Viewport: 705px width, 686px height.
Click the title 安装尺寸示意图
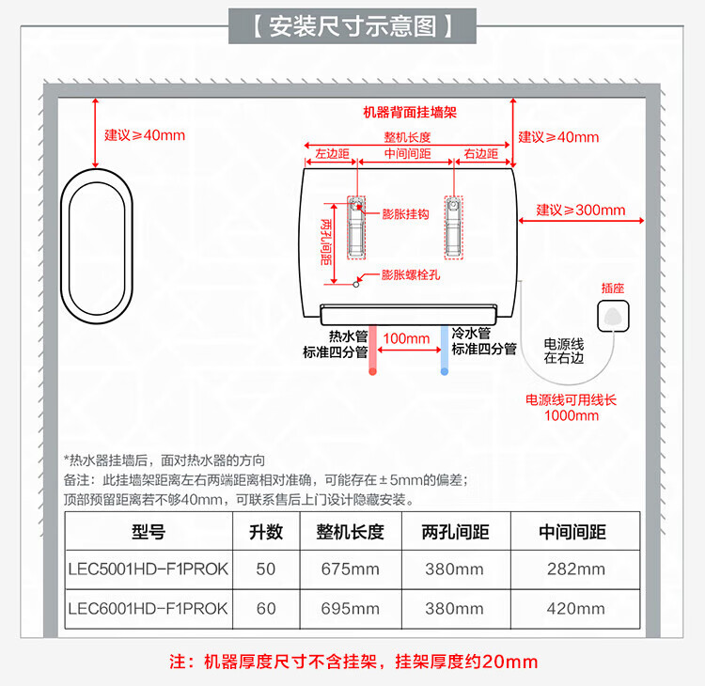(352, 25)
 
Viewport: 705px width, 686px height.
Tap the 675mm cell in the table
(343, 569)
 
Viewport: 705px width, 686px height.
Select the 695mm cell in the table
(343, 609)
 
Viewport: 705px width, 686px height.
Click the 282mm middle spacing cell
(575, 569)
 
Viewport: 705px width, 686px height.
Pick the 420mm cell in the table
(575, 609)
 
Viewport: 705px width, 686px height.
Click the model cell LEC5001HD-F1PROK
(148, 569)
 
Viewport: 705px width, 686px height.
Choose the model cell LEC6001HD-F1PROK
(148, 609)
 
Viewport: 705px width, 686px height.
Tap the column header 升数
(266, 532)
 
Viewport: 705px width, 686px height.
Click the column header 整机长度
(343, 532)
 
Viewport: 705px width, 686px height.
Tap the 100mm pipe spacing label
(406, 338)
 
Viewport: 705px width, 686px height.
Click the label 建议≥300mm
(580, 210)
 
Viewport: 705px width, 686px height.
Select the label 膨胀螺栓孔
(411, 275)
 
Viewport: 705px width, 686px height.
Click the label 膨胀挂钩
(405, 214)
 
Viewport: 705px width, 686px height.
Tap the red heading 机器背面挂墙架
(410, 112)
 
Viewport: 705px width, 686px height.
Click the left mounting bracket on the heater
(358, 228)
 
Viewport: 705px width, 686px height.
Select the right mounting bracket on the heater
(453, 228)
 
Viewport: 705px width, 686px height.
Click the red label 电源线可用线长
(571, 400)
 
